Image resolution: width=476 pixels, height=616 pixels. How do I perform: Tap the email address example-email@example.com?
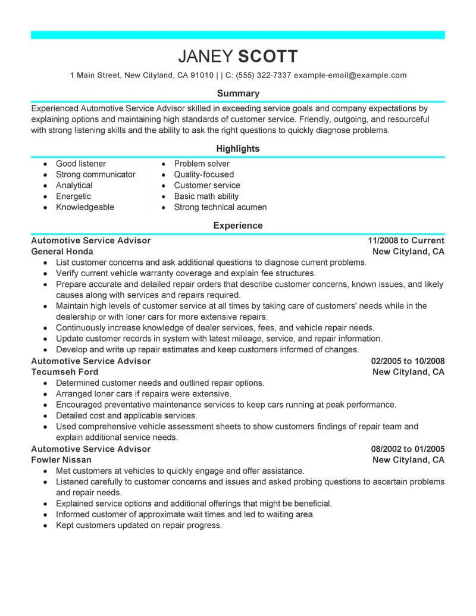coord(350,76)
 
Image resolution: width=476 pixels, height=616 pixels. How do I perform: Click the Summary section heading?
coord(238,93)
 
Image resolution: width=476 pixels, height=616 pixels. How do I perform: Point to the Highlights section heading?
coord(238,149)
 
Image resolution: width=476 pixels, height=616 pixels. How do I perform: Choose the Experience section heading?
coord(238,226)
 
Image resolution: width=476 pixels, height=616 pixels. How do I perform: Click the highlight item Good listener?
coord(81,164)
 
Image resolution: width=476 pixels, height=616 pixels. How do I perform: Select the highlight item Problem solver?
coord(202,164)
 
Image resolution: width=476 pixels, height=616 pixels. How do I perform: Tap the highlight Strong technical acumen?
coord(220,208)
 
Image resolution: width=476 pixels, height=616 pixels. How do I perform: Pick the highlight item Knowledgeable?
coord(85,208)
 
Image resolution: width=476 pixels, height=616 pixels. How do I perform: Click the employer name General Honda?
coord(62,252)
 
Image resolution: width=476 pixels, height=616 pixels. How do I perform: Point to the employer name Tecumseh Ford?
coord(65,372)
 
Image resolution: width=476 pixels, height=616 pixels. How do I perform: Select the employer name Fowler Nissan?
coord(61,460)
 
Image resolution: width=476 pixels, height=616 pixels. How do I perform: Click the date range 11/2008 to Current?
coord(406,240)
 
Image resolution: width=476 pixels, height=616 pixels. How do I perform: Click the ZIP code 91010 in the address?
coord(202,76)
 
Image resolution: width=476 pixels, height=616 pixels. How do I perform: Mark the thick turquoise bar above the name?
coord(238,35)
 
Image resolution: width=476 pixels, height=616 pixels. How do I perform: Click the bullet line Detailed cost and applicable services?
coord(127,415)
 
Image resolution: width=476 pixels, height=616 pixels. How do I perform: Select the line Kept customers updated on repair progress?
coord(139,526)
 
